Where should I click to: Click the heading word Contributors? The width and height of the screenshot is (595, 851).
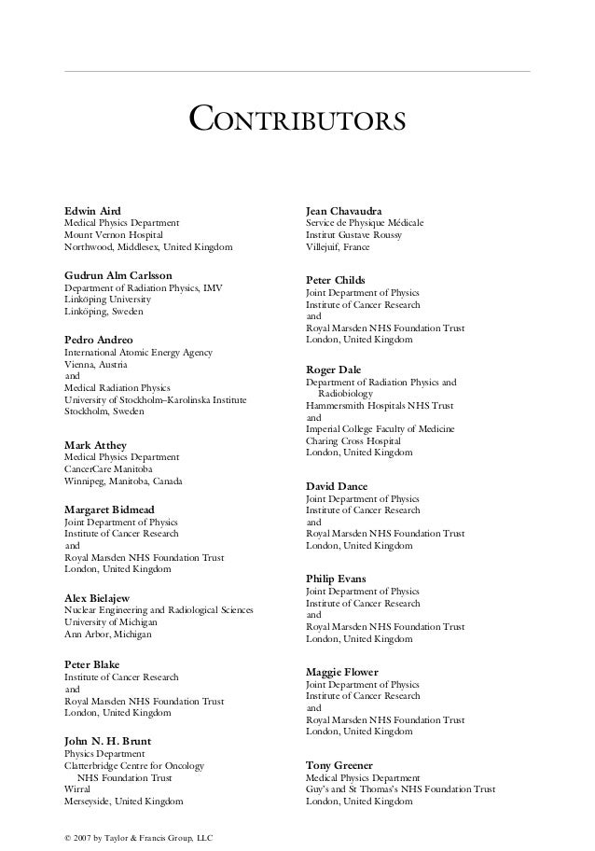click(x=297, y=120)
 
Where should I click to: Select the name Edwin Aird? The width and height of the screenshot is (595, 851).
click(x=91, y=211)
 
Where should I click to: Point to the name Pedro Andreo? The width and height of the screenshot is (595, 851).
click(x=98, y=340)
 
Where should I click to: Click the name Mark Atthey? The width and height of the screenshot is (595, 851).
click(x=94, y=444)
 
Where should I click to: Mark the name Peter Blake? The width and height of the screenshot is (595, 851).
click(x=92, y=663)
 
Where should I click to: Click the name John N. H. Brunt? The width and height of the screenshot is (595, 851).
click(x=107, y=741)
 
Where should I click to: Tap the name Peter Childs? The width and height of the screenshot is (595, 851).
click(x=336, y=280)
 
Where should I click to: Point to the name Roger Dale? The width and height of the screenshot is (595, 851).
click(x=333, y=370)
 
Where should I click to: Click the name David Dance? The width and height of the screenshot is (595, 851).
click(x=337, y=486)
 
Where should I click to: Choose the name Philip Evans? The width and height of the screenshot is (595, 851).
click(x=336, y=579)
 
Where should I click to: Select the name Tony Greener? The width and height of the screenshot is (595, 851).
click(x=339, y=764)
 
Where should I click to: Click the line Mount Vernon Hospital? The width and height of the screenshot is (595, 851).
click(x=112, y=235)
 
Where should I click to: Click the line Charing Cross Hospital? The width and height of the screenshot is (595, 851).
click(x=353, y=440)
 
